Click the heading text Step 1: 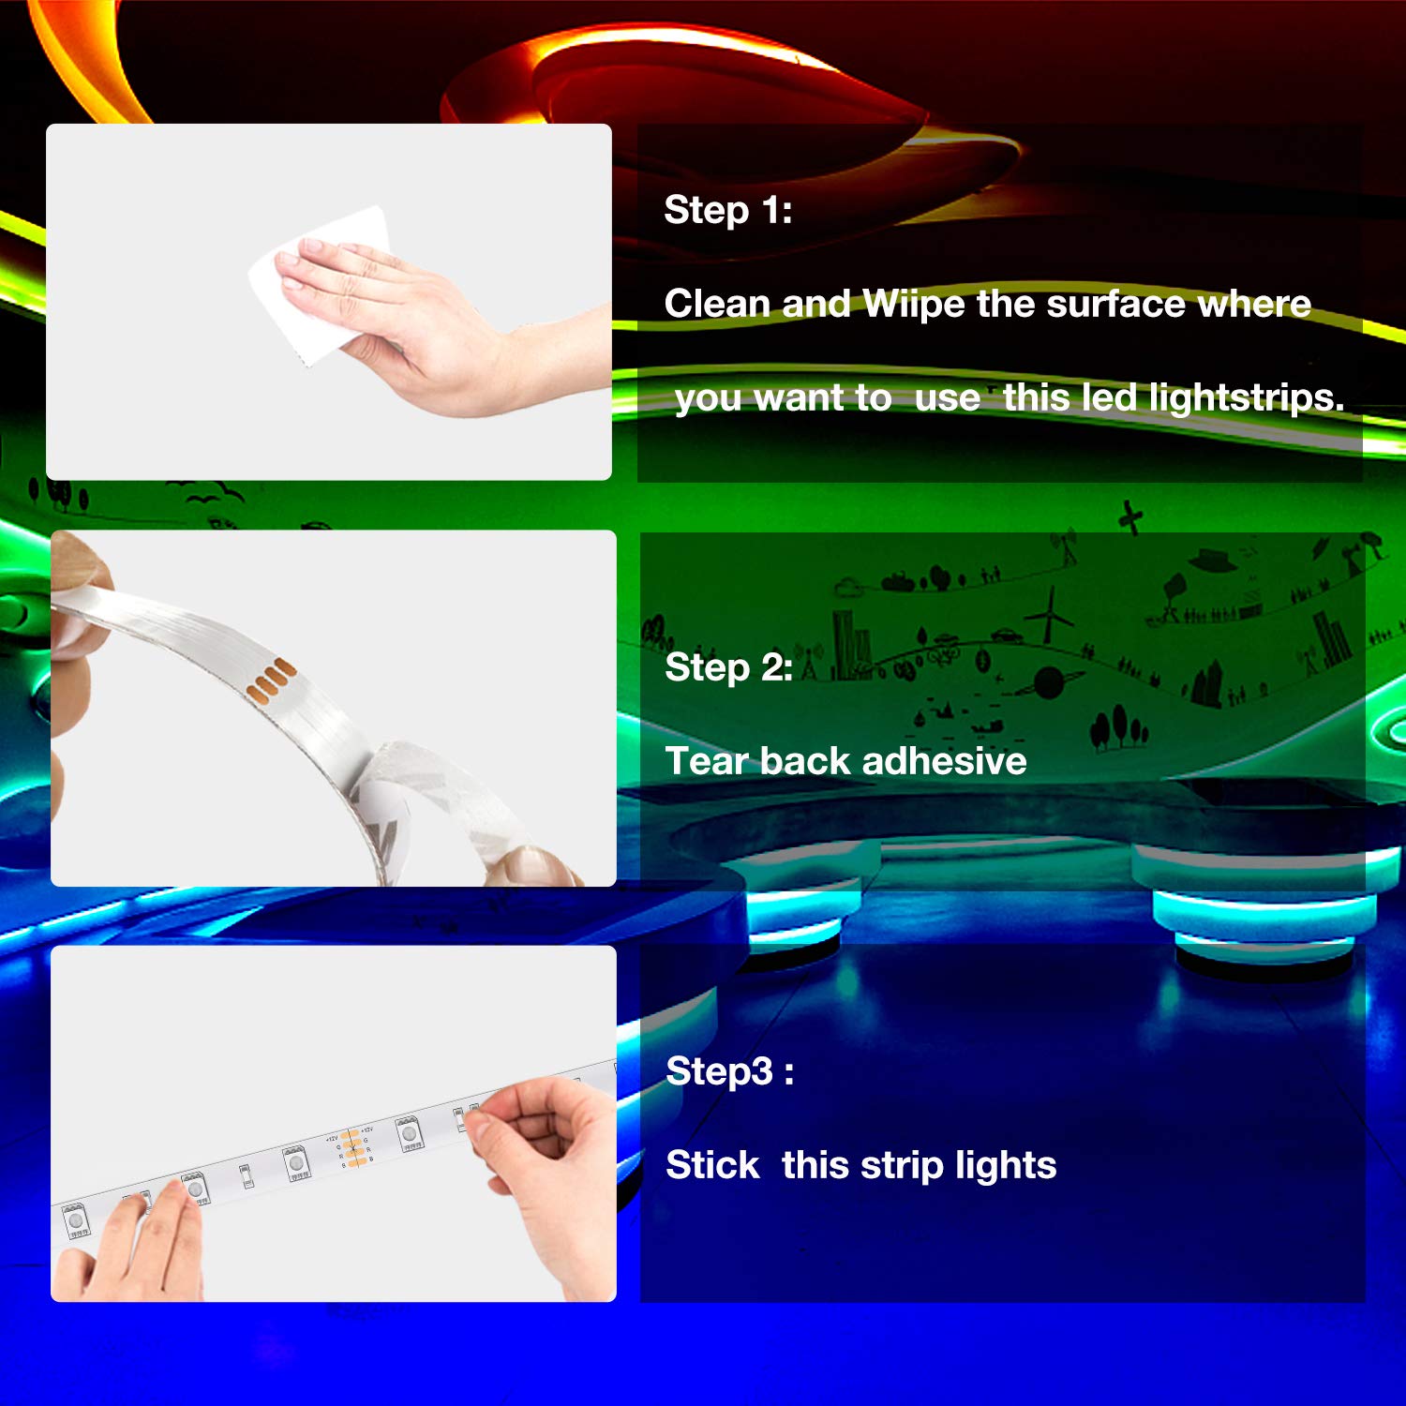point(727,210)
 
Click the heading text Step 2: point(728,667)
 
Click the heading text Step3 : point(729,1071)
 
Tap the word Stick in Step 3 point(712,1165)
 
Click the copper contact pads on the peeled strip point(271,680)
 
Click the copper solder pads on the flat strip point(351,1149)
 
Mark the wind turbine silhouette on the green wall point(1050,614)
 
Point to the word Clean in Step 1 point(717,304)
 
